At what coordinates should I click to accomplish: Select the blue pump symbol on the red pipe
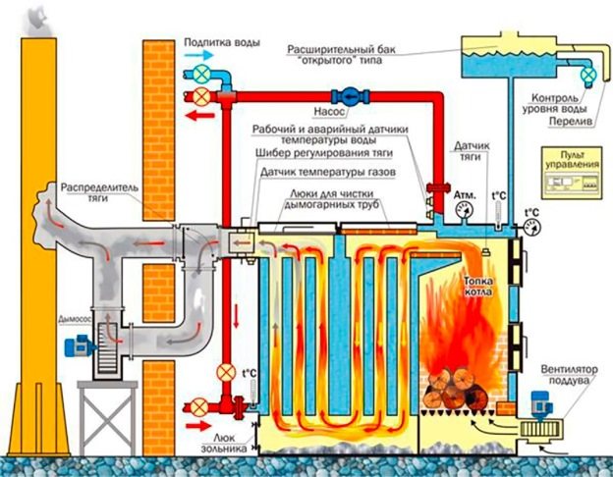(349, 96)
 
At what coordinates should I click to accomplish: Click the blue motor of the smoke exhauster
(75, 346)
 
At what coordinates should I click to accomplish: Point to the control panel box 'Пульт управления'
(571, 175)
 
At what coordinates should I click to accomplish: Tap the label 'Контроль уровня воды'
(561, 103)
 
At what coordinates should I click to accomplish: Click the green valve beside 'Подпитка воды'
(201, 74)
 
